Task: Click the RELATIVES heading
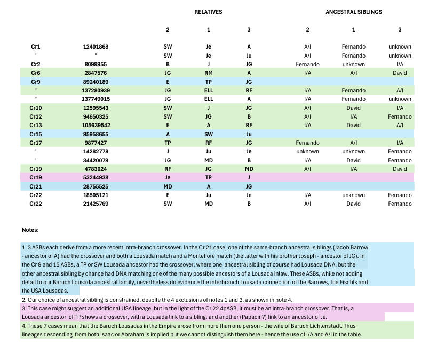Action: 208,12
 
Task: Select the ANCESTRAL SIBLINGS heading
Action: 353,12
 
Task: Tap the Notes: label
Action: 30,230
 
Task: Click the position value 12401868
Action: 96,47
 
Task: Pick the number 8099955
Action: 96,64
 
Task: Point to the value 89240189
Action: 96,82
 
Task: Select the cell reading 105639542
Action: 96,126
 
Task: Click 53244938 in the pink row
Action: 96,178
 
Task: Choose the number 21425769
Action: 96,204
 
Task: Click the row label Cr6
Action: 36,73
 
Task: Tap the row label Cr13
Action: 36,126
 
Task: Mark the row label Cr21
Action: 36,186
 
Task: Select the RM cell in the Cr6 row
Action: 208,73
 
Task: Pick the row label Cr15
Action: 36,134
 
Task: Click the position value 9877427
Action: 96,143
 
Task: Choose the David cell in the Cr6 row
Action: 400,73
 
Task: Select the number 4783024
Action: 96,169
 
